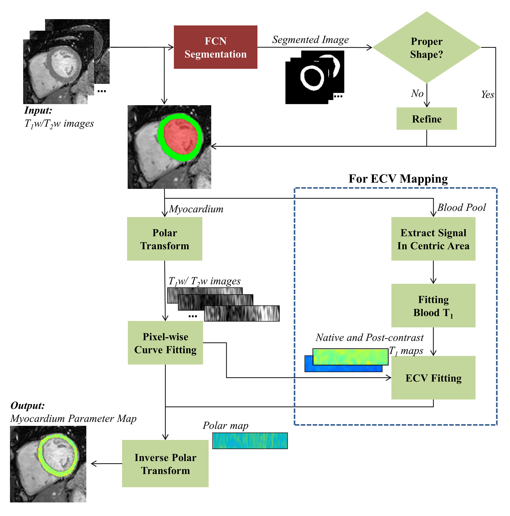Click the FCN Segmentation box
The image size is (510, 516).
click(215, 47)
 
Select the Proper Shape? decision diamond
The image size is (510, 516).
click(426, 48)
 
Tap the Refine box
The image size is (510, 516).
click(426, 119)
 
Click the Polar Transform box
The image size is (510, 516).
click(165, 239)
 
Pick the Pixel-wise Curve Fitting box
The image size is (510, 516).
click(165, 343)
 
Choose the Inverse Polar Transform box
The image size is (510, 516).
click(165, 464)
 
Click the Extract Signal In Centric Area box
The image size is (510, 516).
click(433, 239)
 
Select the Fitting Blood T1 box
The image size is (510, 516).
click(433, 306)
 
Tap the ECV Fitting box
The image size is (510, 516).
click(433, 378)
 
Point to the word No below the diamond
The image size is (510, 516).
click(417, 94)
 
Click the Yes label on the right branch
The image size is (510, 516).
click(487, 95)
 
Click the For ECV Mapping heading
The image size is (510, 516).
click(398, 179)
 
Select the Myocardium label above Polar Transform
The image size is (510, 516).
click(196, 209)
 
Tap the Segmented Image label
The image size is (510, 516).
click(310, 39)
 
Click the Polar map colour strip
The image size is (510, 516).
click(250, 441)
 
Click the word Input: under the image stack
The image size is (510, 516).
click(38, 110)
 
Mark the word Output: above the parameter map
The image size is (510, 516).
click(28, 405)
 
